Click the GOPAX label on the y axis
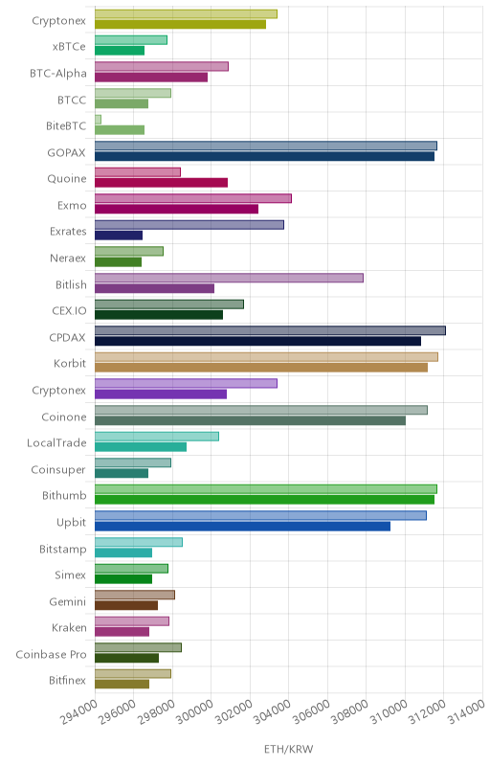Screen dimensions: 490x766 pos(66,152)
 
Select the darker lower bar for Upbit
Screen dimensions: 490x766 pos(242,526)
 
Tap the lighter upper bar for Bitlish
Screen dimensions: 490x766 pos(229,278)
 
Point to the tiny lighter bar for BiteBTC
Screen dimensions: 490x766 pos(98,120)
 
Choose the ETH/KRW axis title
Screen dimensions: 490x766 pos(288,749)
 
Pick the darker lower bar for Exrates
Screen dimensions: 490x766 pos(119,236)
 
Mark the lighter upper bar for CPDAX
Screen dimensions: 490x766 pos(270,330)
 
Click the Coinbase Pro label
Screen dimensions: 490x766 pos(51,654)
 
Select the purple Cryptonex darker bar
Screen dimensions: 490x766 pos(161,394)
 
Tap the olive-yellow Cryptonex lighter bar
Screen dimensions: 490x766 pos(186,14)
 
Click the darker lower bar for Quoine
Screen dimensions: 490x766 pos(161,183)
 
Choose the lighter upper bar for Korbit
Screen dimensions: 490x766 pos(266,357)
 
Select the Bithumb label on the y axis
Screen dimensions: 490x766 pos(64,495)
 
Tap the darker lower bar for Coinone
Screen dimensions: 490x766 pos(250,420)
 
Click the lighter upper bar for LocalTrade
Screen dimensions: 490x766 pos(157,437)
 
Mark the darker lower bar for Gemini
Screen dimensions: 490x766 pos(126,605)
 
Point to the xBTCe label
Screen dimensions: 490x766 pos(69,46)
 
